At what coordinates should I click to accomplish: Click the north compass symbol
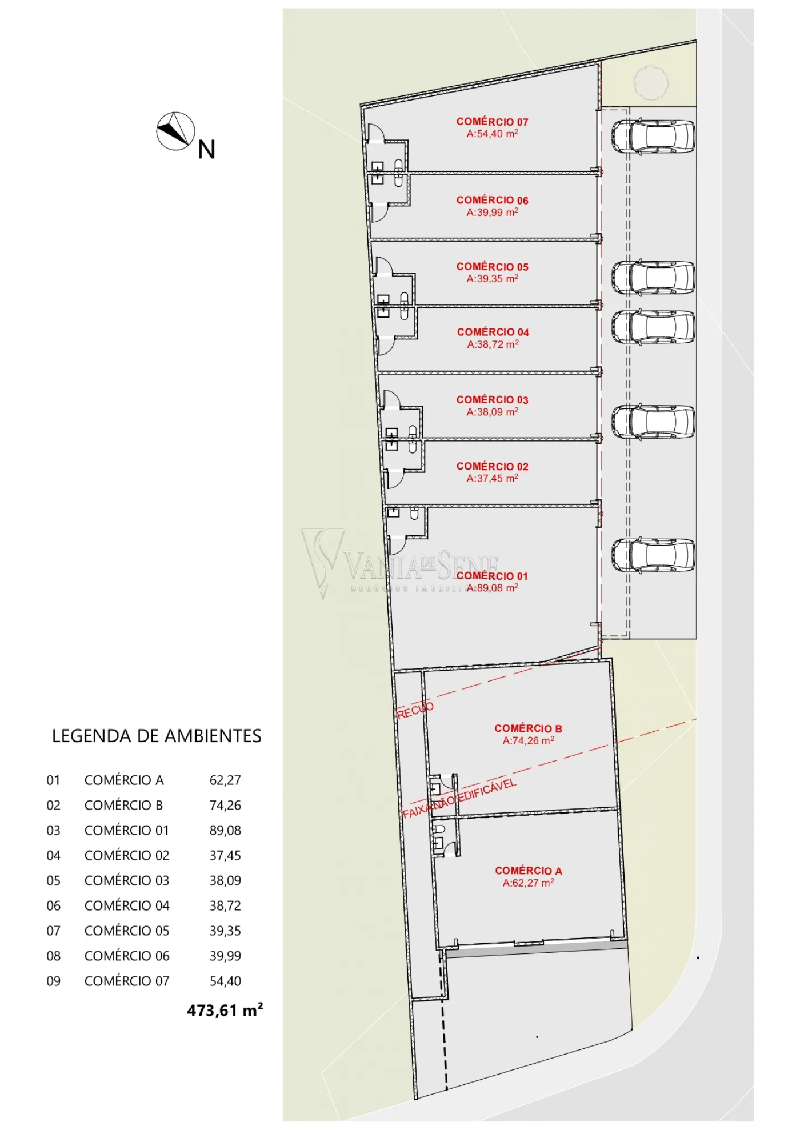175,131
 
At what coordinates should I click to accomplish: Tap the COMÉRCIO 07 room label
492,122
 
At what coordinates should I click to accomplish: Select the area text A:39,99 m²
492,212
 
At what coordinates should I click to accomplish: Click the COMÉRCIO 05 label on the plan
492,267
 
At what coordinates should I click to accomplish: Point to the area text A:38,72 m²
493,344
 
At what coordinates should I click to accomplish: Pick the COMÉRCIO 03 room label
492,400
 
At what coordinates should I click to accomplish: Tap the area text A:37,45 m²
492,478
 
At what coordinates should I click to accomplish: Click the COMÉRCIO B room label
528,728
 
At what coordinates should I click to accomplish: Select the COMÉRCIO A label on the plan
528,871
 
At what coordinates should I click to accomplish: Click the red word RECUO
415,710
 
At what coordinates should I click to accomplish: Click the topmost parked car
653,136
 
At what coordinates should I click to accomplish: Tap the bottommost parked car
653,555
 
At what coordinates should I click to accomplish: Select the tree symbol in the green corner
651,83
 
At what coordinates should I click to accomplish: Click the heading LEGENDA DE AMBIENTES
157,736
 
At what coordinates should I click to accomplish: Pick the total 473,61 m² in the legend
225,1010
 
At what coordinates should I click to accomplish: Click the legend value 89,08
225,830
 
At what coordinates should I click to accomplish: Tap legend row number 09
53,981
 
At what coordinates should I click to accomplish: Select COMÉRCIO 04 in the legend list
127,905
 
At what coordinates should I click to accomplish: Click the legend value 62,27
225,780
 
